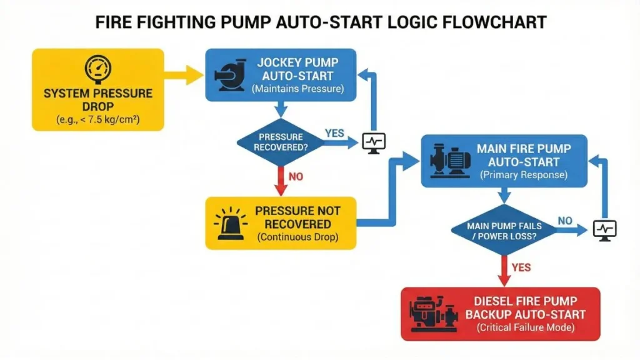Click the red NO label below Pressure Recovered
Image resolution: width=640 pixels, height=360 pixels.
tap(296, 177)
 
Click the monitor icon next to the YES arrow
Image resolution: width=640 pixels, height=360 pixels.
tap(374, 142)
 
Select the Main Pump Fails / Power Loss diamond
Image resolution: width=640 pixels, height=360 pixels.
tap(504, 230)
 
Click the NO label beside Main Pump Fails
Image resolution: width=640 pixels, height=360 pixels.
tap(565, 221)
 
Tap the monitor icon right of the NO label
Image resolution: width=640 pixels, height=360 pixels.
tap(604, 229)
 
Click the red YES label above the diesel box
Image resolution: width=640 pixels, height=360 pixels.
tap(521, 267)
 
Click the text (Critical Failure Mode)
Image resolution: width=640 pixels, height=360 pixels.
tap(524, 327)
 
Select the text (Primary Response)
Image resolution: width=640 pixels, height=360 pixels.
tap(524, 175)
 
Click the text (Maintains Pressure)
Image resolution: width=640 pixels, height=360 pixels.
tap(298, 89)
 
